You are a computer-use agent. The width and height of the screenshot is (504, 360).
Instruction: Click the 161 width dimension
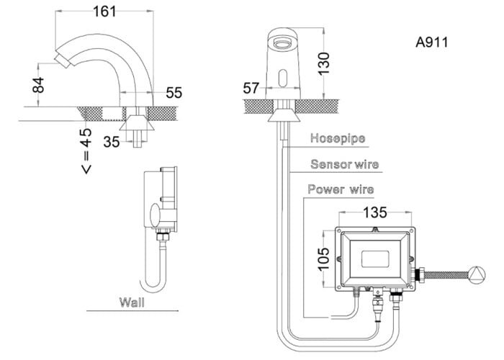click(x=107, y=12)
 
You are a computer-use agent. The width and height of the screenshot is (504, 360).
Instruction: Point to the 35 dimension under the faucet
click(x=111, y=142)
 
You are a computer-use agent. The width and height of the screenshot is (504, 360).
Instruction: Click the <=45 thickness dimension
click(x=86, y=151)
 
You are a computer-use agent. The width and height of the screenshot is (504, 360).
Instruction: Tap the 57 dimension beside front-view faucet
click(x=251, y=89)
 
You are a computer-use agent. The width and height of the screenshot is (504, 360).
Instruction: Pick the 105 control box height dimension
click(x=323, y=258)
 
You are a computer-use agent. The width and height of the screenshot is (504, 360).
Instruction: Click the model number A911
click(x=432, y=42)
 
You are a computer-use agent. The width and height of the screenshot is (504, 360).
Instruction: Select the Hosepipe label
click(x=338, y=138)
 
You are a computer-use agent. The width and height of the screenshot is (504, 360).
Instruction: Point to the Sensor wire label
click(x=344, y=164)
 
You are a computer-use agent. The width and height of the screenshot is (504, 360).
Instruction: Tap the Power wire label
click(x=341, y=190)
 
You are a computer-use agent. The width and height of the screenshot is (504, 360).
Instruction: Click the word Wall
click(x=132, y=302)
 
